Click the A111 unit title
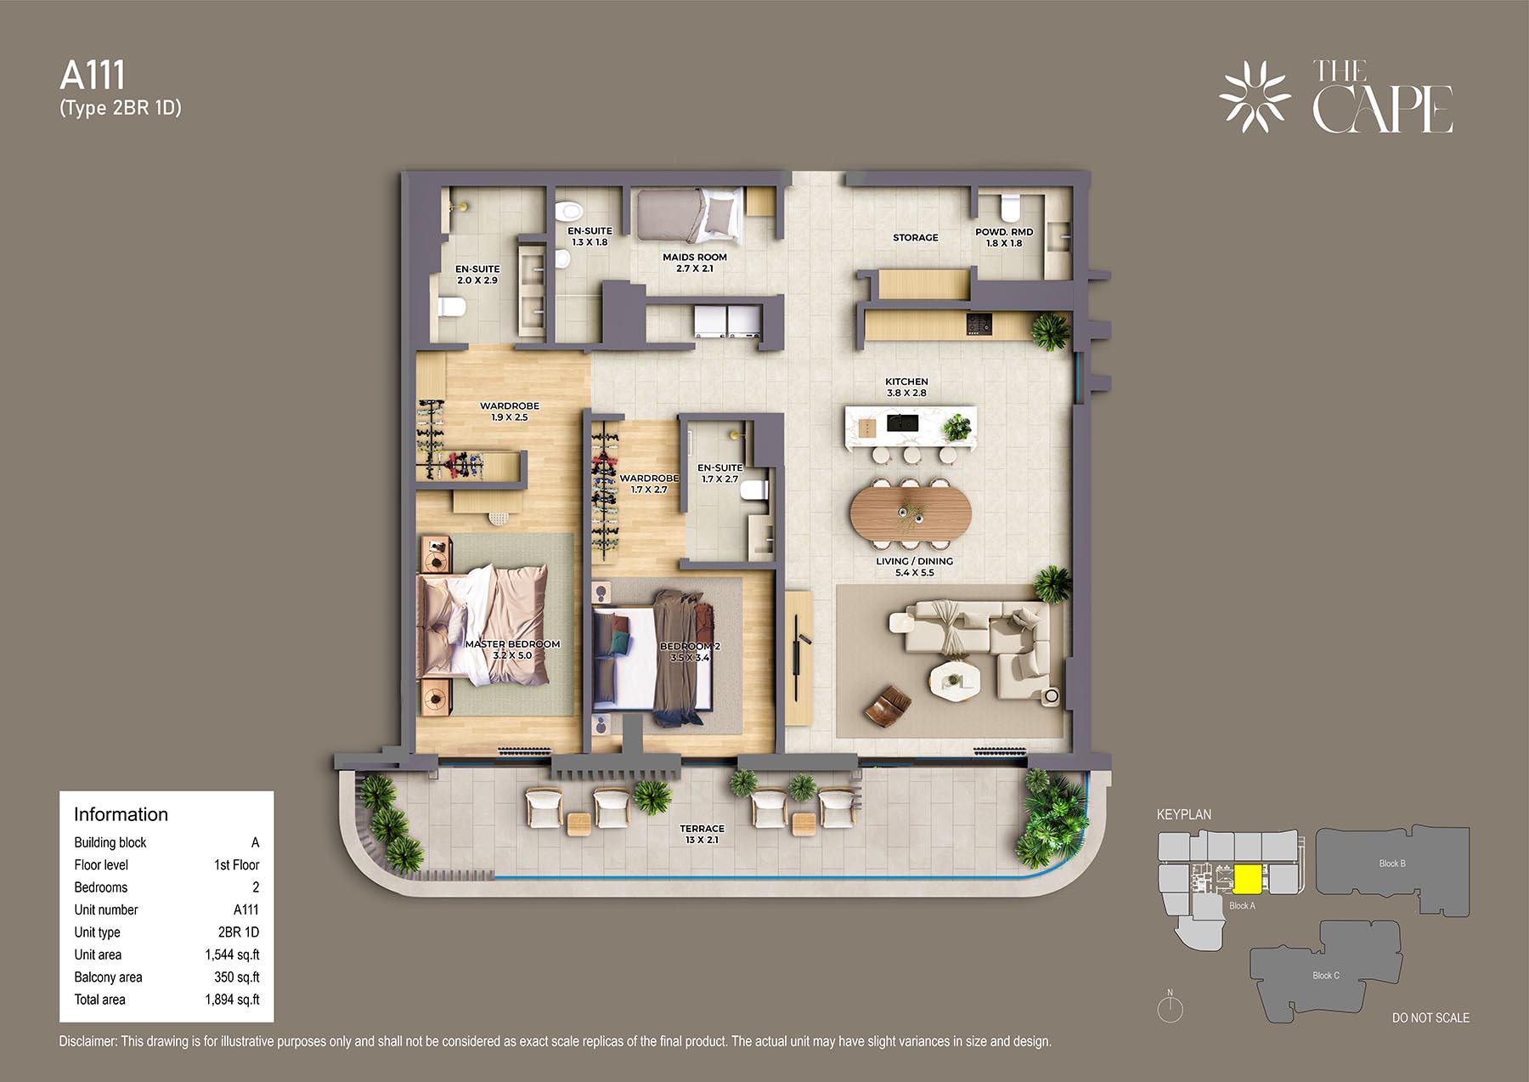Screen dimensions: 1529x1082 point(93,76)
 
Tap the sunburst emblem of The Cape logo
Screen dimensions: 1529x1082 point(1255,96)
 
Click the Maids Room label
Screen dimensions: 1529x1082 point(695,263)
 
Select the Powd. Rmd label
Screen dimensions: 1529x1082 point(1004,237)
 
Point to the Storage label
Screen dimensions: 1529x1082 point(916,237)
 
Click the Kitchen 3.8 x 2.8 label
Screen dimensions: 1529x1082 point(906,387)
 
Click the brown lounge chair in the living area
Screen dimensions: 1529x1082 point(888,705)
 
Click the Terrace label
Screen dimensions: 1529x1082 point(702,834)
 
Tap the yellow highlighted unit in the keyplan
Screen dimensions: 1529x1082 point(1246,878)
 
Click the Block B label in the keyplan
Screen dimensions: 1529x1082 point(1392,864)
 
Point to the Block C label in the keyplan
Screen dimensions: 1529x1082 point(1326,976)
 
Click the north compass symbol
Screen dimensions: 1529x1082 point(1170,1007)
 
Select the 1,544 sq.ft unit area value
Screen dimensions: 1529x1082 point(232,955)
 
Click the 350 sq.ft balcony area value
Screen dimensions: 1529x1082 point(237,977)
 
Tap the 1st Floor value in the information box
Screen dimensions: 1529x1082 point(236,864)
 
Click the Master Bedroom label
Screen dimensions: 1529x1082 point(512,649)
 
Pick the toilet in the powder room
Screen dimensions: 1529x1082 point(1009,207)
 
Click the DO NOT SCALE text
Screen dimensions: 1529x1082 point(1430,1017)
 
